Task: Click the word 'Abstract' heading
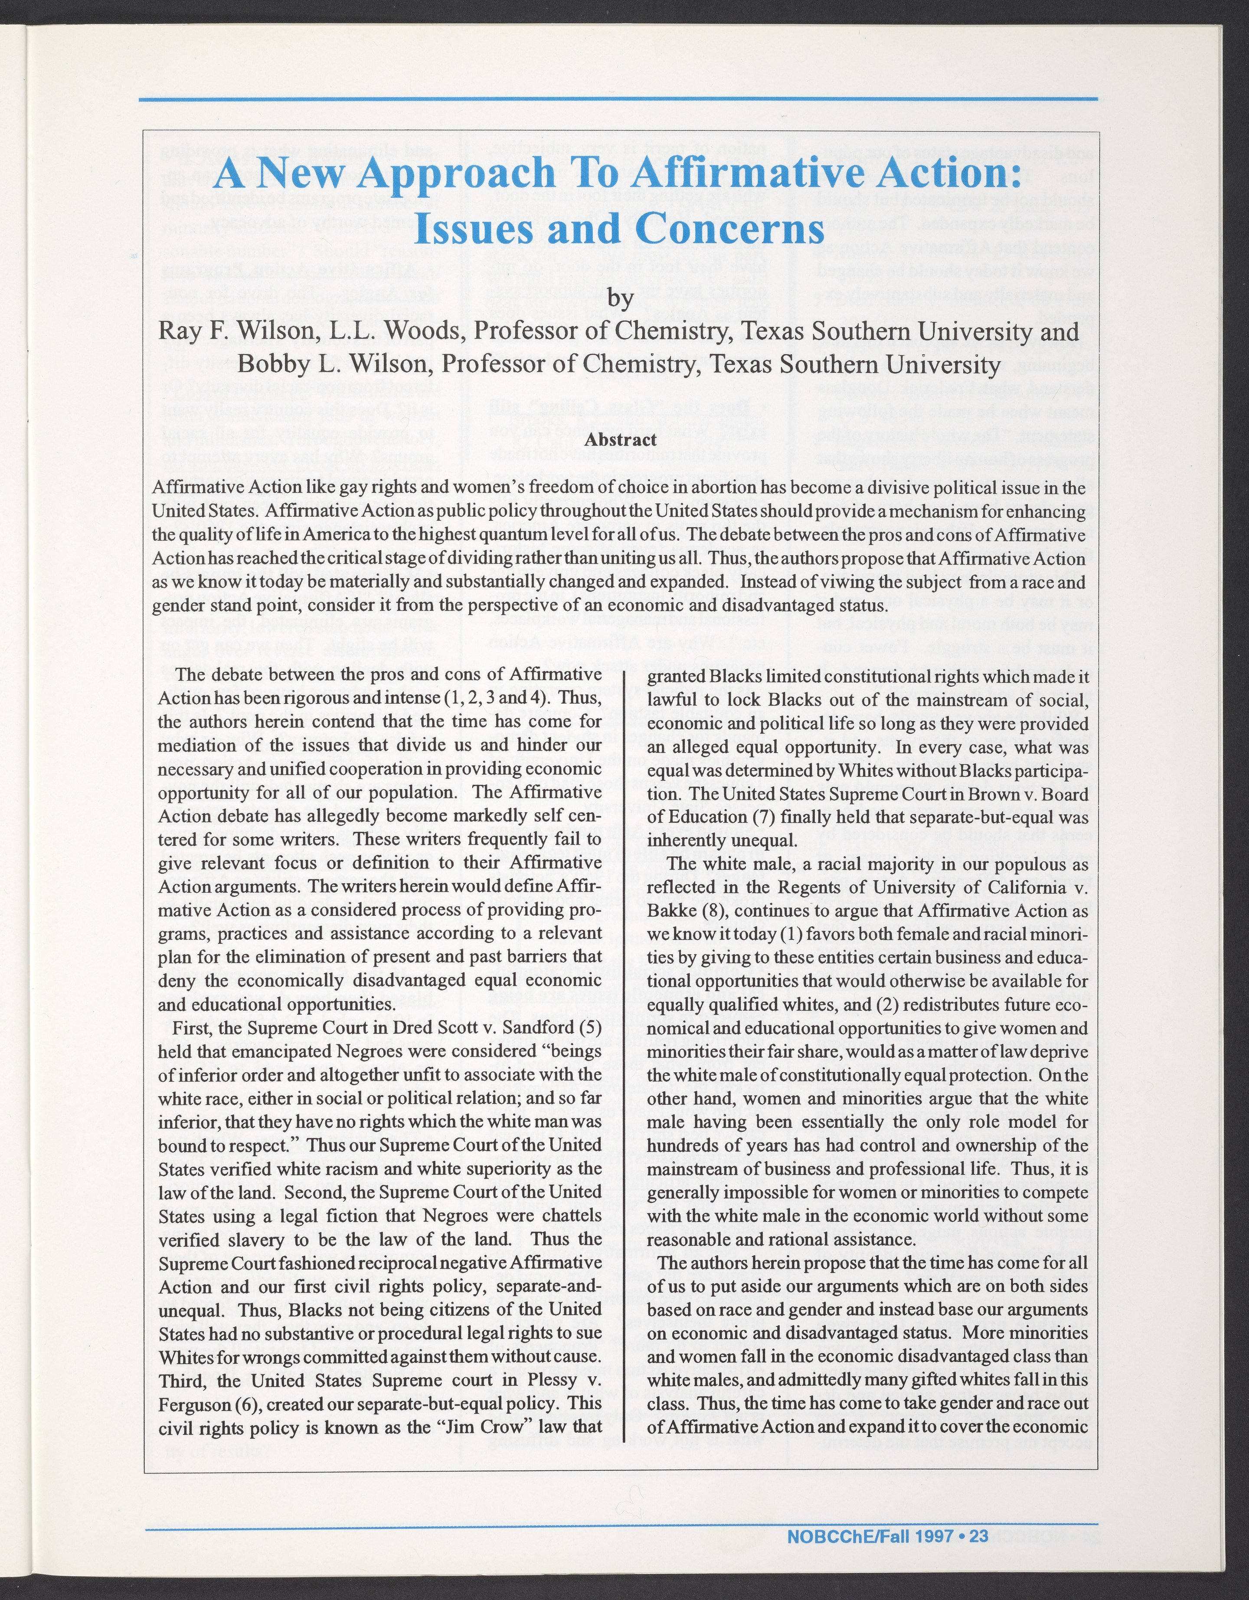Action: coord(621,440)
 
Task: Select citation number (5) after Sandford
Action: coord(590,1028)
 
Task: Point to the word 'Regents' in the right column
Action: coord(821,887)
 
